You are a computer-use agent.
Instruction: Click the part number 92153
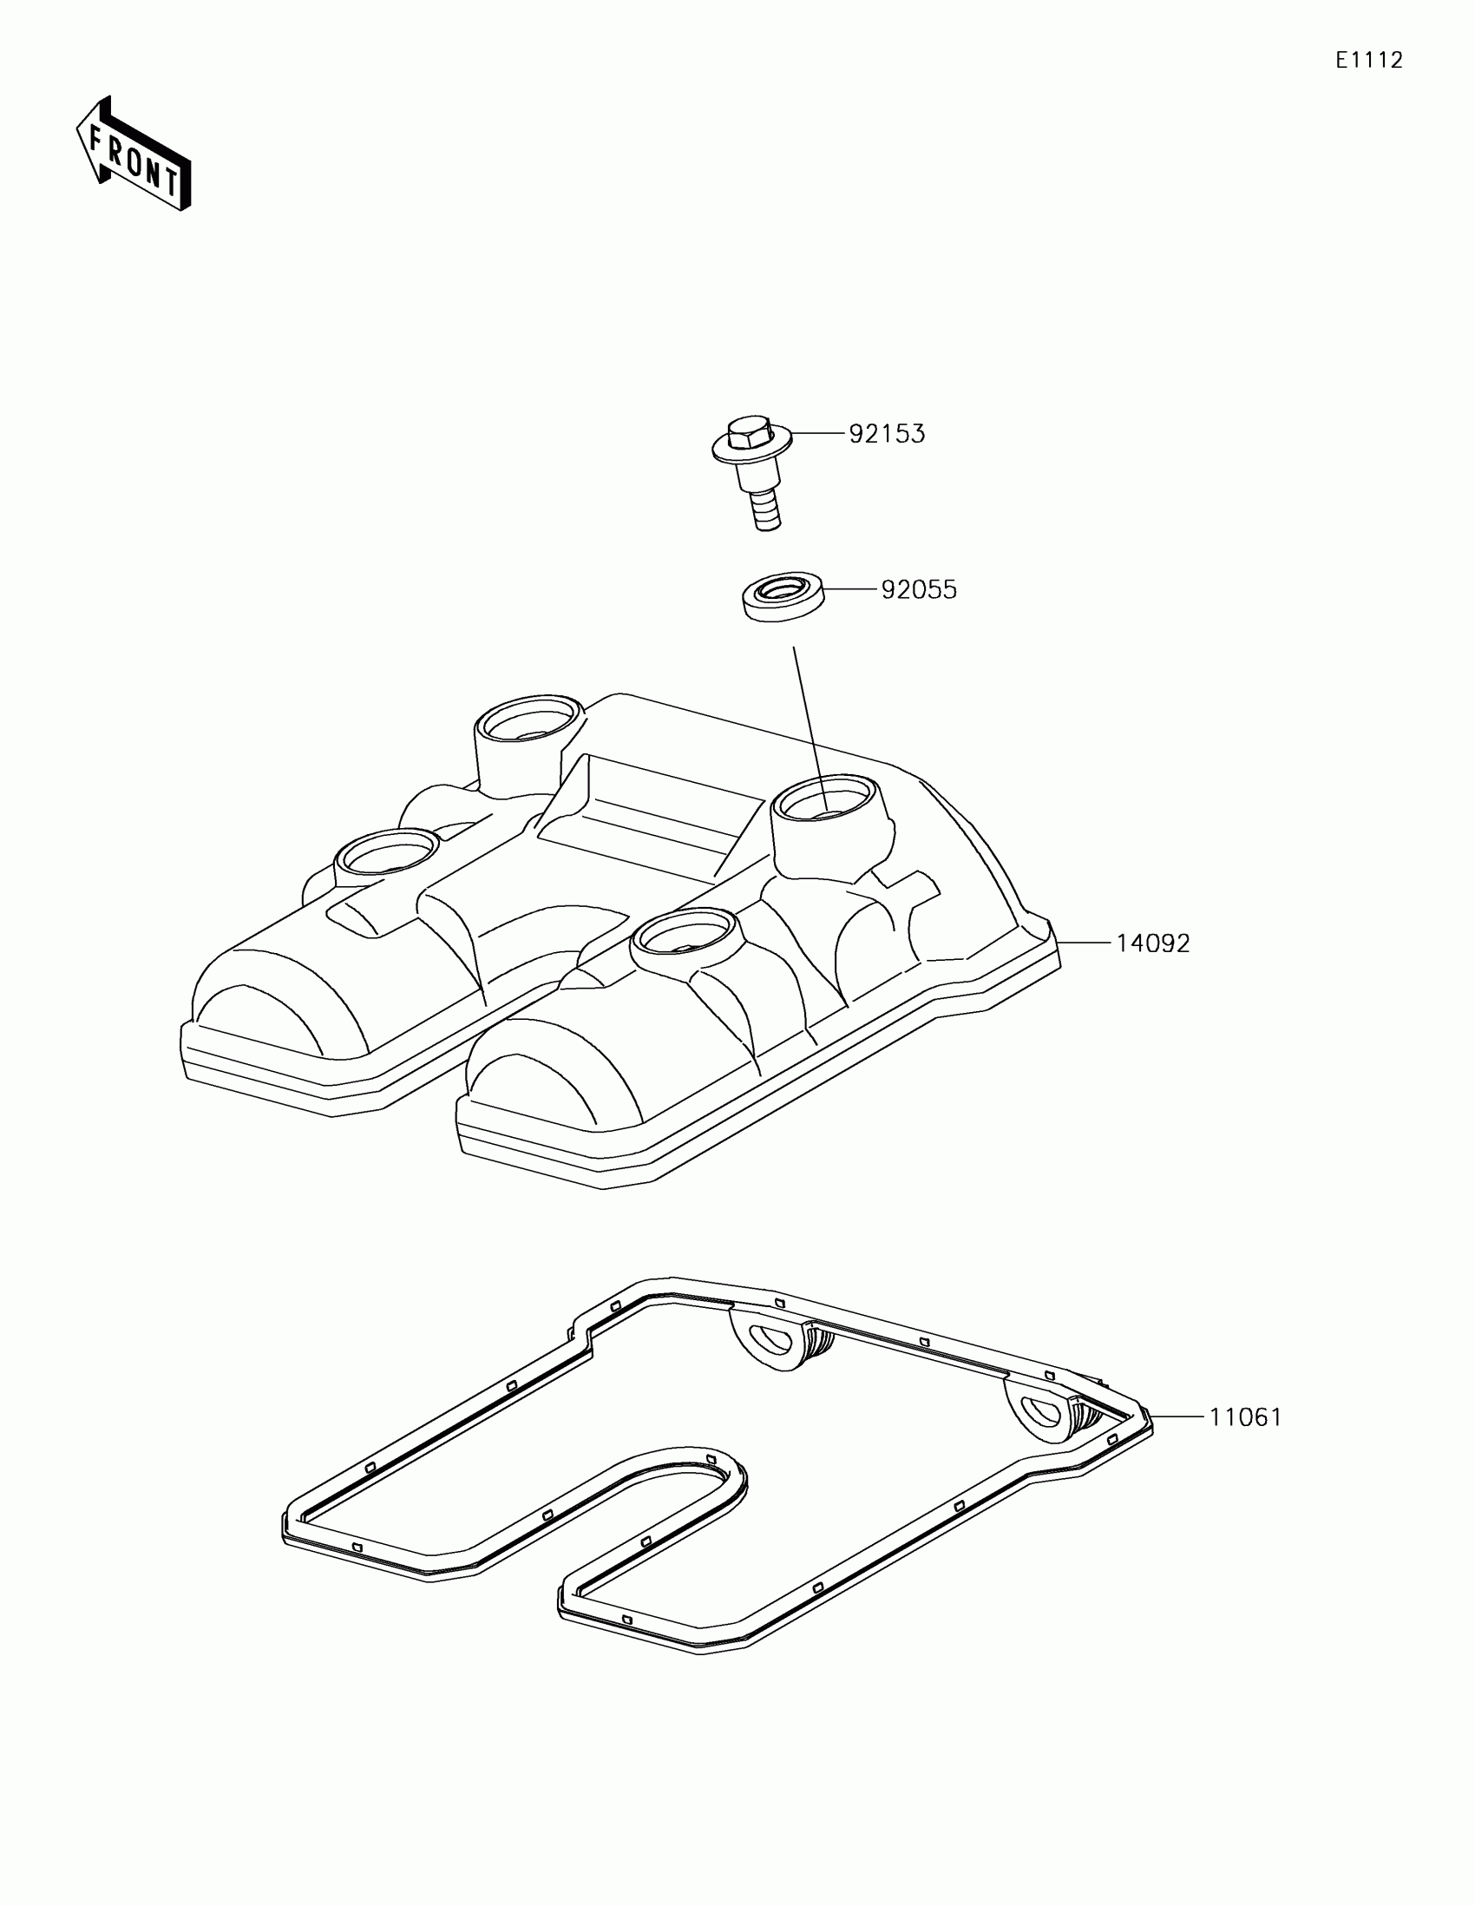887,434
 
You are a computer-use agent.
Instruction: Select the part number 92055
919,590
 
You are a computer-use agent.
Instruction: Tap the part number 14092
1152,943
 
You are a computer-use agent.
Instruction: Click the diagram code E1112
1368,60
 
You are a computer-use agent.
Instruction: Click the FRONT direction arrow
133,154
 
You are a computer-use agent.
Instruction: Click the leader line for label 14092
1086,943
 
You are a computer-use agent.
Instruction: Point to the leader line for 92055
849,590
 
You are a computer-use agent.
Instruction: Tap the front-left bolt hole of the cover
387,851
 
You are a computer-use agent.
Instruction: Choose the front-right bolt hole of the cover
685,933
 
